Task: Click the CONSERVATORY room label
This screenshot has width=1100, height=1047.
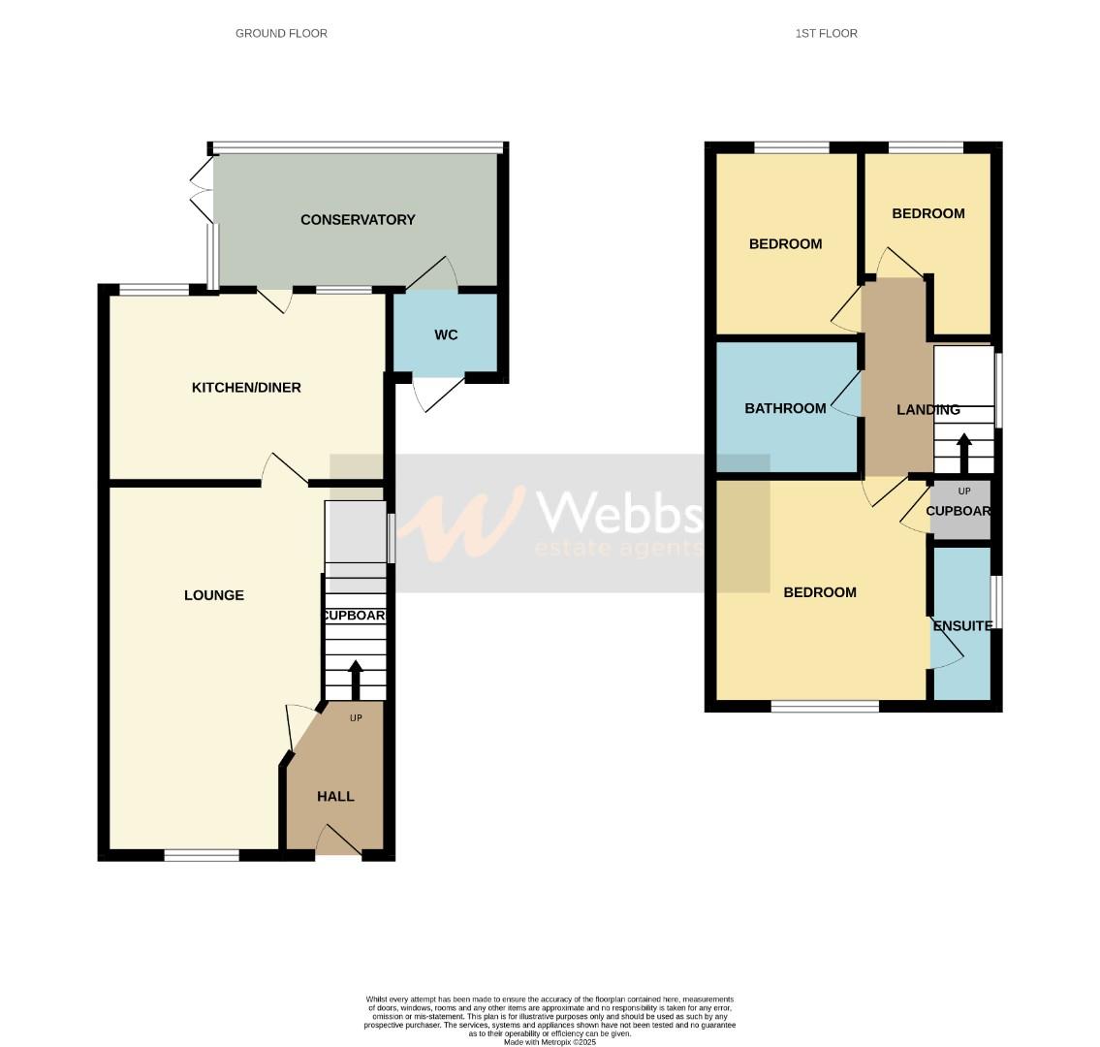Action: (358, 220)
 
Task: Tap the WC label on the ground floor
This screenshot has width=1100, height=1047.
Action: (446, 335)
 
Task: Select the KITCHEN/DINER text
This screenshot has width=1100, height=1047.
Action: (246, 388)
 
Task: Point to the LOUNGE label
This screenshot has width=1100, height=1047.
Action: (214, 595)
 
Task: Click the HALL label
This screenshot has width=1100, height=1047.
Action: (335, 796)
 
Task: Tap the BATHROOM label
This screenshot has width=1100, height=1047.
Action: (785, 408)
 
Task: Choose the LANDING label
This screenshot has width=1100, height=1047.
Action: (927, 410)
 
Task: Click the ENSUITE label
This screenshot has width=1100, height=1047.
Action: (962, 626)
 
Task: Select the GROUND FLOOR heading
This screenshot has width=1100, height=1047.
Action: (281, 33)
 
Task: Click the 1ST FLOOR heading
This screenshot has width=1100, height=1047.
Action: (826, 33)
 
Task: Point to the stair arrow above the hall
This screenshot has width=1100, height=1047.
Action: (355, 679)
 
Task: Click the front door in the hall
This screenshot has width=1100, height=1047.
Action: (337, 841)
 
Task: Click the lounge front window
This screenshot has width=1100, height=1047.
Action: (202, 855)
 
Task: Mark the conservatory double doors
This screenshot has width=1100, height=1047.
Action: (203, 190)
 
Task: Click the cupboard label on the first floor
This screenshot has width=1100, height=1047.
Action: (959, 511)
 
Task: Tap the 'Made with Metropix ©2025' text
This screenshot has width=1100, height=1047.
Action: (550, 1042)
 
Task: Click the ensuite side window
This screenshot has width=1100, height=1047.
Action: (997, 602)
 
